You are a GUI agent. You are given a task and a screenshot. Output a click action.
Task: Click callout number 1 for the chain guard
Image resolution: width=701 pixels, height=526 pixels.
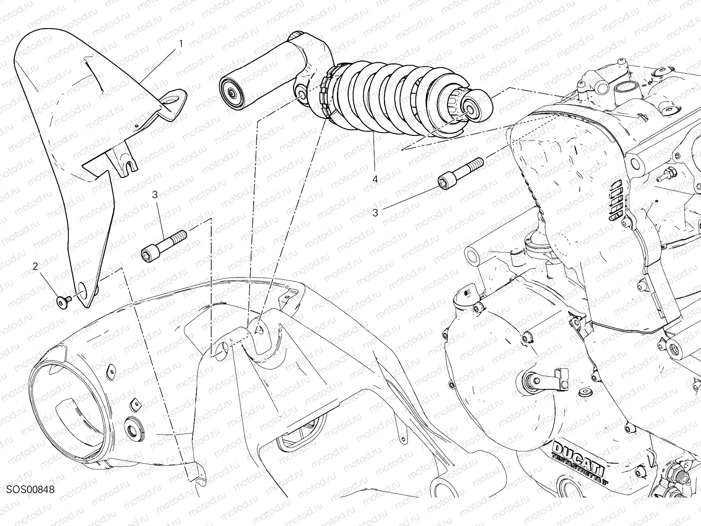[x=181, y=43]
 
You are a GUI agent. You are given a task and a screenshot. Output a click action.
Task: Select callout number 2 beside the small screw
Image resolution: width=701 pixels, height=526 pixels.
[x=35, y=266]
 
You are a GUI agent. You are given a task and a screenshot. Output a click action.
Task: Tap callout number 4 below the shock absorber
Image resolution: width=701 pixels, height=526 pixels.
[x=375, y=179]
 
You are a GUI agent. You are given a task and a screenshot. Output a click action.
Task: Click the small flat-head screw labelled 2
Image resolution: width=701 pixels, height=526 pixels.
[x=63, y=302]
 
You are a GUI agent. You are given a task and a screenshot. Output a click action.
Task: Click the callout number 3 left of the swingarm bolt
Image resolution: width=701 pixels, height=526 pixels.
[x=155, y=195]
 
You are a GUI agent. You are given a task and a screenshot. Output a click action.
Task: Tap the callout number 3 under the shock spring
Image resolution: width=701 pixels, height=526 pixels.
[x=375, y=213]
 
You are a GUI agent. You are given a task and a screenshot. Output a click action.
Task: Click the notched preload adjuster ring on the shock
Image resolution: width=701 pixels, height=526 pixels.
[x=326, y=97]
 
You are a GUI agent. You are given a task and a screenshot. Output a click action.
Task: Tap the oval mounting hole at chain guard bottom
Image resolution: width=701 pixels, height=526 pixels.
[x=81, y=291]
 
